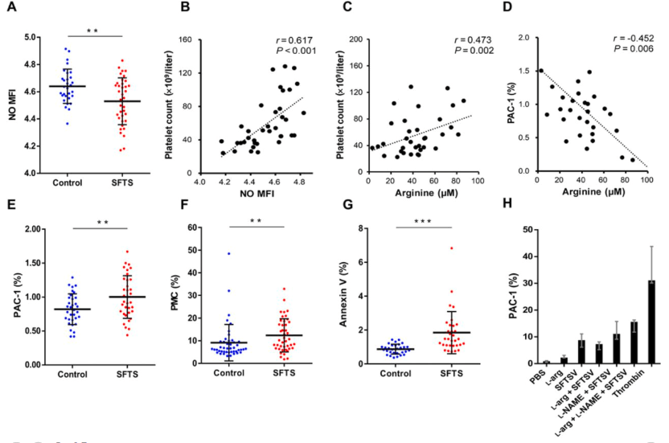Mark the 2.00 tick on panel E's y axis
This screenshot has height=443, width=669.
pyautogui.click(x=31, y=229)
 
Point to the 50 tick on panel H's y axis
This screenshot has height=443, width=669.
pyautogui.click(x=527, y=230)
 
